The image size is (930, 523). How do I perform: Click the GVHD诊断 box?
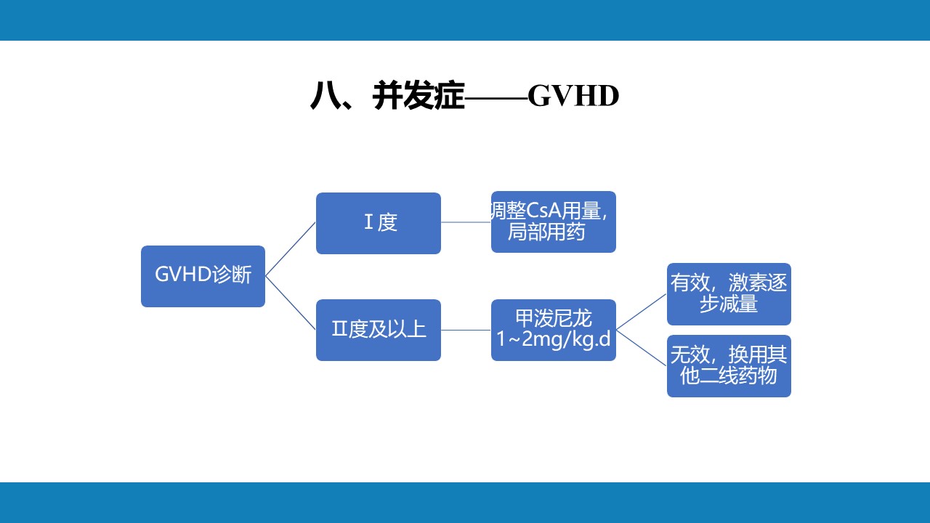(203, 276)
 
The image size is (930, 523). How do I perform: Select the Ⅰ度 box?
(378, 223)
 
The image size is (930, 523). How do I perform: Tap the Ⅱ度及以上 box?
(378, 330)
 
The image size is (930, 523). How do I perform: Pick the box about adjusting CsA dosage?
(553, 222)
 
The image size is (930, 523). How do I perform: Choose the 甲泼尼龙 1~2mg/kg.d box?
(553, 330)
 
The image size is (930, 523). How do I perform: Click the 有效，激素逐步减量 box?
(729, 293)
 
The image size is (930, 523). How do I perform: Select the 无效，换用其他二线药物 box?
(729, 365)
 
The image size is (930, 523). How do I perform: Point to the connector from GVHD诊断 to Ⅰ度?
(291, 249)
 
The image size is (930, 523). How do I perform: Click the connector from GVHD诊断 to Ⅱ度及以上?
(291, 303)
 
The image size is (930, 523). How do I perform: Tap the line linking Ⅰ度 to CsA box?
(466, 222)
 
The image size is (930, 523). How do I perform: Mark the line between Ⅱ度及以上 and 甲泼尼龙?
(466, 330)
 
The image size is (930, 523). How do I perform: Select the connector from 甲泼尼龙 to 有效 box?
(642, 312)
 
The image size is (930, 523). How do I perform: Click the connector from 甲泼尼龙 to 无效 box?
(642, 347)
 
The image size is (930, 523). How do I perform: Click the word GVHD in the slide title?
(573, 97)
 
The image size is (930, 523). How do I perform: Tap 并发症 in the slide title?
(418, 97)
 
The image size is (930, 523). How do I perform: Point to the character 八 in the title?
(324, 97)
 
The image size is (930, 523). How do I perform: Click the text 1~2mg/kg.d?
(553, 339)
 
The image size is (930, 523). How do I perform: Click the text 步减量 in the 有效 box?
(729, 304)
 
